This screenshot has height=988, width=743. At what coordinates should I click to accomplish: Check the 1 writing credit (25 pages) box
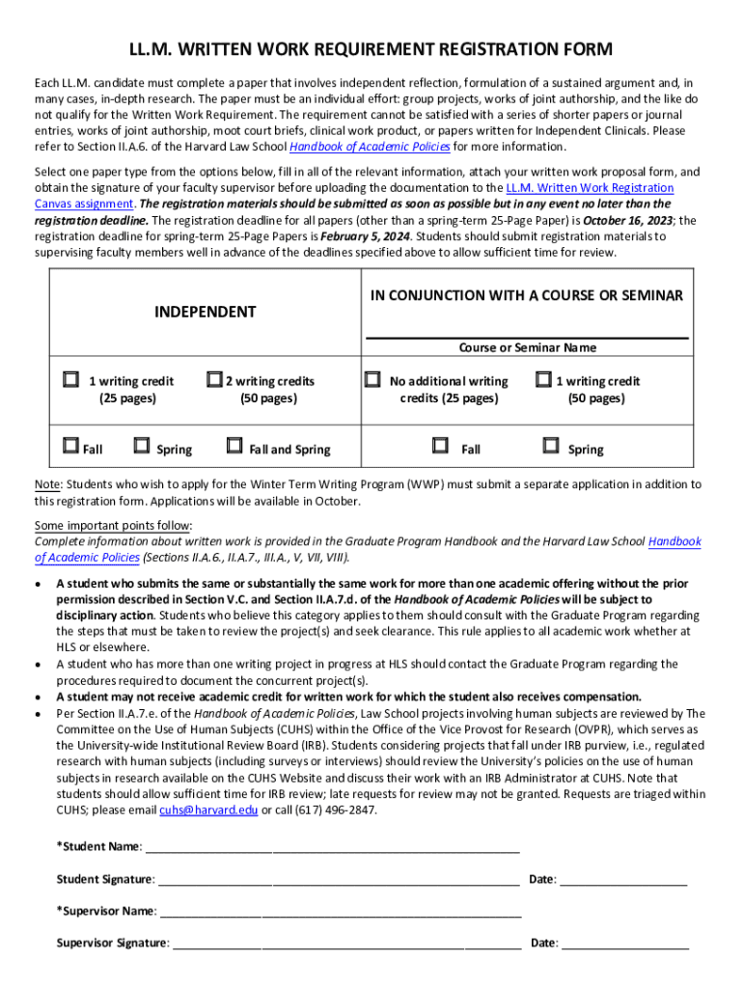(70, 380)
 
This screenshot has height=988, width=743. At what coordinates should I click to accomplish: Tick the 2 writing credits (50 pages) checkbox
(213, 380)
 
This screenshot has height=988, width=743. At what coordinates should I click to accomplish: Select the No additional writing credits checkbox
(372, 380)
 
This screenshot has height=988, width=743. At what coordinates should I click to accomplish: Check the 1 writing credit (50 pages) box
(543, 380)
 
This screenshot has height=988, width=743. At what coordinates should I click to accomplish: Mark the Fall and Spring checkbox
(234, 446)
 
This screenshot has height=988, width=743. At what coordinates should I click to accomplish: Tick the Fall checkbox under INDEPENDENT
(70, 446)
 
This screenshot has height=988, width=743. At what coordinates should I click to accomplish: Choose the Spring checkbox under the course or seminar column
(551, 446)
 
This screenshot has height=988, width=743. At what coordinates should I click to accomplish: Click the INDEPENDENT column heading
(206, 312)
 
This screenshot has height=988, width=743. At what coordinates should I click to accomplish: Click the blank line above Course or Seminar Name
(526, 335)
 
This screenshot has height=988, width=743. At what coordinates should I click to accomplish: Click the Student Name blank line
(333, 848)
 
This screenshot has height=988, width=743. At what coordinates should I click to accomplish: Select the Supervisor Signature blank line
(347, 944)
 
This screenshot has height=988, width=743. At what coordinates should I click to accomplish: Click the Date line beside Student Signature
(623, 880)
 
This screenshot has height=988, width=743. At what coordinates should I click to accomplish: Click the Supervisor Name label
(106, 911)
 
